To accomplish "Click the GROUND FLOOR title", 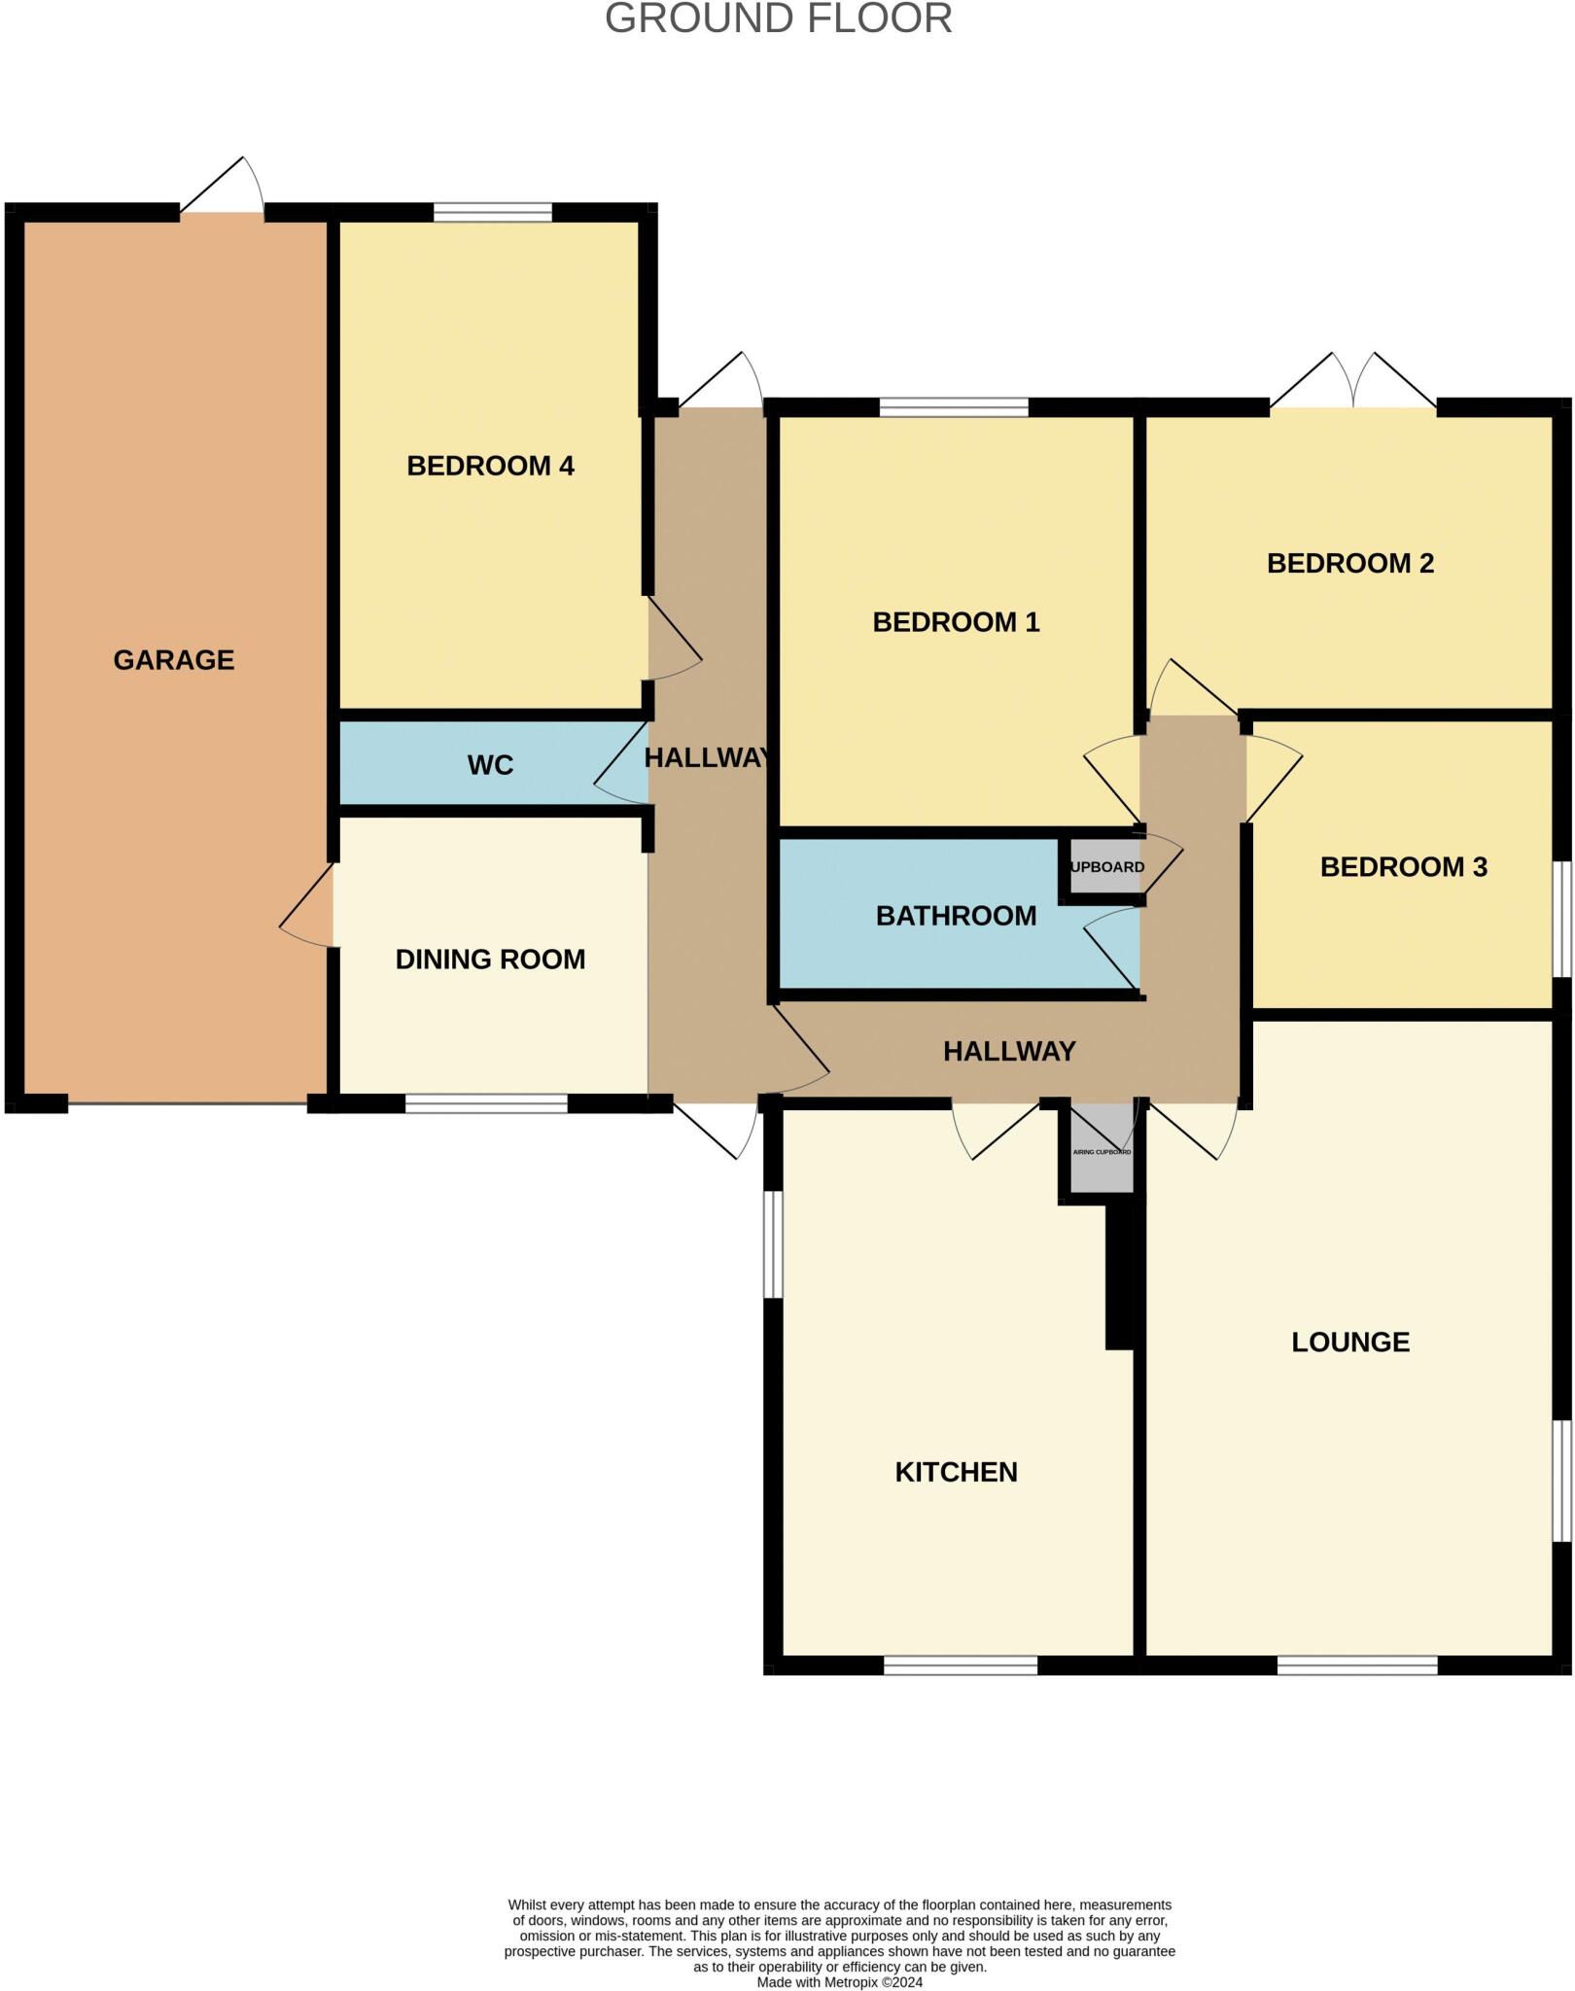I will click(778, 19).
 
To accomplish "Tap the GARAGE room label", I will click(174, 660).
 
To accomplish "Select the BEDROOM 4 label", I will click(490, 466).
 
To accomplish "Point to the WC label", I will click(490, 765).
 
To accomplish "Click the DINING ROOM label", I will click(490, 960).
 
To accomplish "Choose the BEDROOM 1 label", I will click(956, 622).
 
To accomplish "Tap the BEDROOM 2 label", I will click(1350, 563).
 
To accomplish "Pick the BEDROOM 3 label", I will click(1403, 867).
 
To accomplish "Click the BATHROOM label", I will click(956, 916).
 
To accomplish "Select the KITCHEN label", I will click(956, 1472).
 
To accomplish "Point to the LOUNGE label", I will click(1350, 1343).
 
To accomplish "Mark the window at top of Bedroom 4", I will click(492, 212).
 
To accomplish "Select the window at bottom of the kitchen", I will click(961, 1665).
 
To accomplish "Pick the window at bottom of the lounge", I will click(1356, 1665).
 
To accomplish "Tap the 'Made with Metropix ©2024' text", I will click(839, 1982).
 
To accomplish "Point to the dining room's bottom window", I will click(486, 1103).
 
